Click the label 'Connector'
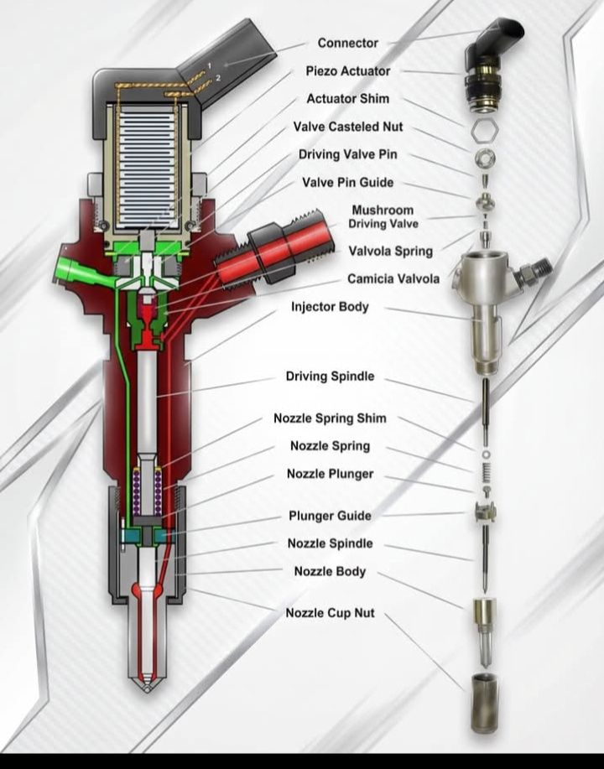pyautogui.click(x=347, y=43)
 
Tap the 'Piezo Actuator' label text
pyautogui.click(x=346, y=71)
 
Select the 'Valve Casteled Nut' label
pyautogui.click(x=347, y=127)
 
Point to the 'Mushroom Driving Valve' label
pyautogui.click(x=383, y=217)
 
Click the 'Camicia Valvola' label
pyautogui.click(x=393, y=278)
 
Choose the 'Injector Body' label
pyautogui.click(x=330, y=307)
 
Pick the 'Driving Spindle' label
pyautogui.click(x=330, y=376)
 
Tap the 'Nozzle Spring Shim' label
pyautogui.click(x=330, y=418)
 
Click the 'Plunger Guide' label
pyautogui.click(x=330, y=516)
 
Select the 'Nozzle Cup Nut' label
pyautogui.click(x=330, y=613)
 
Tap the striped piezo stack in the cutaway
pyautogui.click(x=152, y=164)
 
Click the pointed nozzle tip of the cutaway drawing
pyautogui.click(x=149, y=683)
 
